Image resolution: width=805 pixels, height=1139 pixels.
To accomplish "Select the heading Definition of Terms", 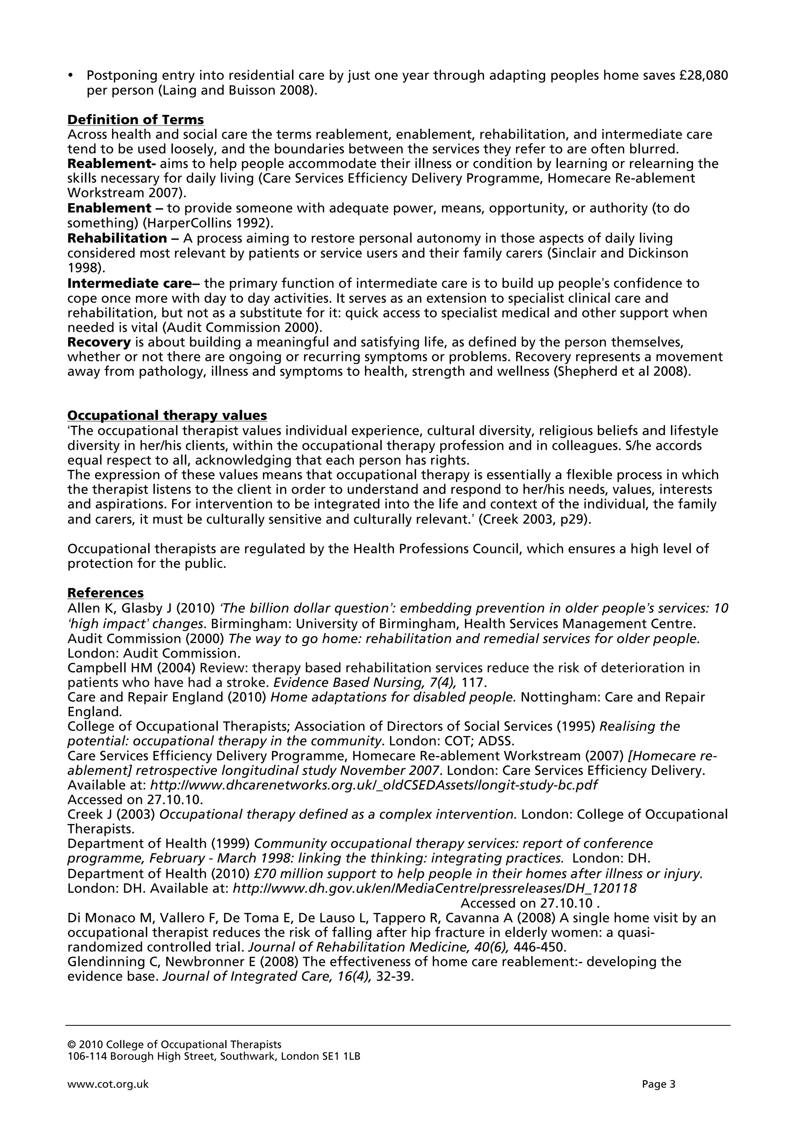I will tap(135, 120).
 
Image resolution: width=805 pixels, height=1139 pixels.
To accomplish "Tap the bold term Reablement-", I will tap(112, 164).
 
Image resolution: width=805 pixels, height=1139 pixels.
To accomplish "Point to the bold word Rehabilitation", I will tap(117, 239).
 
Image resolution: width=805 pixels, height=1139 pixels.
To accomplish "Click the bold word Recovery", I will tap(99, 342).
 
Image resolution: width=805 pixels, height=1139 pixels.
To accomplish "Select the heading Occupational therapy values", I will tap(167, 415).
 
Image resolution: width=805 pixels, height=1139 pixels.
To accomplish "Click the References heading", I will tap(105, 593).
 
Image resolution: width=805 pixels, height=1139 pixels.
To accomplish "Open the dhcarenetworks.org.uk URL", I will tap(373, 785).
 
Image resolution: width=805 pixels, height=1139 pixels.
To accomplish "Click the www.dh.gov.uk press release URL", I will tap(434, 889).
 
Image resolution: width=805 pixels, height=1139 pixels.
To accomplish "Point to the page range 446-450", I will tap(539, 947).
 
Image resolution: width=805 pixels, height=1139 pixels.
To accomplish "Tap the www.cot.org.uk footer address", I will tap(108, 1084).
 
